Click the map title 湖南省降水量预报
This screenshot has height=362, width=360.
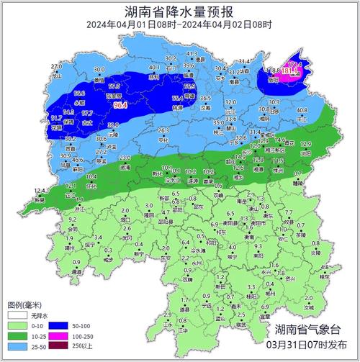click(x=179, y=12)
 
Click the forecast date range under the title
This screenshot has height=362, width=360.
click(x=179, y=25)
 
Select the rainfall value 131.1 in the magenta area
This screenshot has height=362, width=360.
click(x=289, y=71)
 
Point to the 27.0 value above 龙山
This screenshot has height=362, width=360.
click(x=57, y=66)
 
